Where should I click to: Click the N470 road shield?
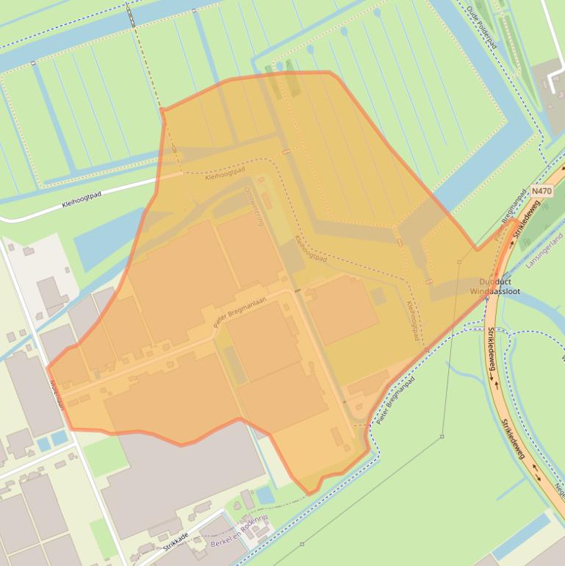[541, 191]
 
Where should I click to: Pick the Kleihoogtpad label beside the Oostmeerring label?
[225, 174]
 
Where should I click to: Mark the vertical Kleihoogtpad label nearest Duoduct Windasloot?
[413, 320]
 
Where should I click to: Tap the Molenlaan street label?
[57, 394]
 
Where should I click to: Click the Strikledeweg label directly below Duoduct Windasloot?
[489, 349]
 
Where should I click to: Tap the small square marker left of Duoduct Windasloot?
[459, 262]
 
